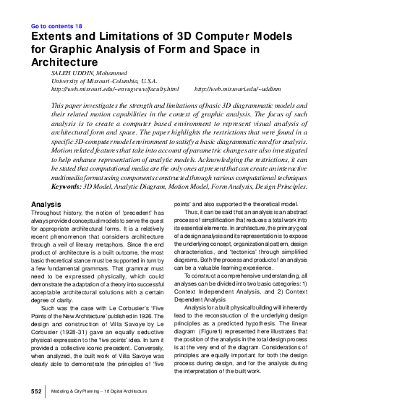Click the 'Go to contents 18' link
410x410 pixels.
coord(57,27)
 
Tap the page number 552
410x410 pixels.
coord(36,391)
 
